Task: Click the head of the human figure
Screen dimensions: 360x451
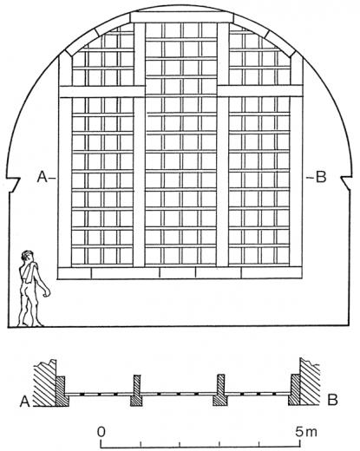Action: [28, 256]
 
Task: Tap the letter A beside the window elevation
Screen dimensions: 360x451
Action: [43, 177]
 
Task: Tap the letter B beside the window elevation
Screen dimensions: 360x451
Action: [321, 177]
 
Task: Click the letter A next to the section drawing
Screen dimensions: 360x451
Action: [25, 402]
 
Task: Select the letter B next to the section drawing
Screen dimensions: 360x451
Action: [332, 400]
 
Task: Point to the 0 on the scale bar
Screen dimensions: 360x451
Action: [101, 432]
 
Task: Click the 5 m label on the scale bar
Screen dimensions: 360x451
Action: [306, 432]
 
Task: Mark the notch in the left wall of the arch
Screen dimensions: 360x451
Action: [14, 185]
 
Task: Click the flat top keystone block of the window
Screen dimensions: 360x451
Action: [181, 17]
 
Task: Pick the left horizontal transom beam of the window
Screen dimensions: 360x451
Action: [101, 92]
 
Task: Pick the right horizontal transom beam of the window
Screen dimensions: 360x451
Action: [260, 91]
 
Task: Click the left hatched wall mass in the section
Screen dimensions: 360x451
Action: [45, 383]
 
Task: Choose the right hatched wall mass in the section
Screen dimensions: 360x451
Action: [310, 382]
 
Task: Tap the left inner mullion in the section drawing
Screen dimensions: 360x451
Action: [136, 390]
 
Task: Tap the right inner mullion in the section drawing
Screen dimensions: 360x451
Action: [220, 390]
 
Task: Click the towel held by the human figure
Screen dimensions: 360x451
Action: [29, 271]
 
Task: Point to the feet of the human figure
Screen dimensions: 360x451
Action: [30, 324]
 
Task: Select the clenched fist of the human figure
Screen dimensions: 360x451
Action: [47, 292]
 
